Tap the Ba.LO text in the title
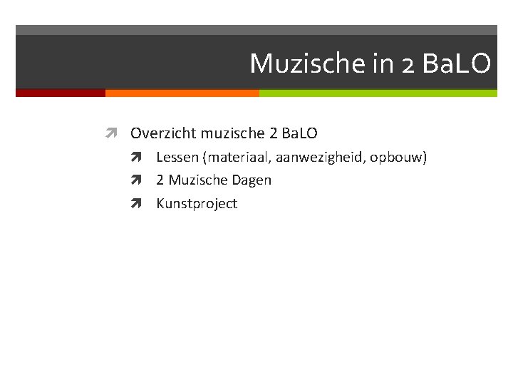pyautogui.click(x=456, y=65)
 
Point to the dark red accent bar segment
pyautogui.click(x=61, y=93)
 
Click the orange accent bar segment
pyautogui.click(x=182, y=93)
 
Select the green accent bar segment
pyautogui.click(x=378, y=93)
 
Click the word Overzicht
pyautogui.click(x=163, y=133)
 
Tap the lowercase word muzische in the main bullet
pyautogui.click(x=228, y=133)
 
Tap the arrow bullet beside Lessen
pyautogui.click(x=137, y=157)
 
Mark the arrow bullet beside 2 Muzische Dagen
pyautogui.click(x=137, y=180)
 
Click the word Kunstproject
pyautogui.click(x=197, y=204)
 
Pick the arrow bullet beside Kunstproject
pyautogui.click(x=137, y=204)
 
